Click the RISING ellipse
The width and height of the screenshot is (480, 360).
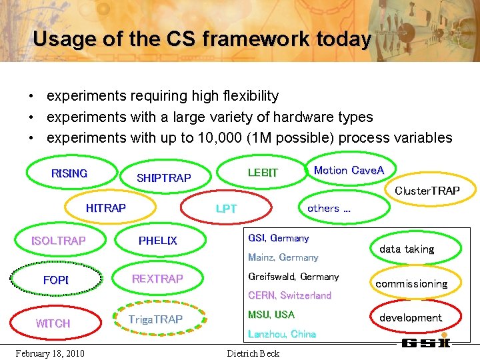[69, 173]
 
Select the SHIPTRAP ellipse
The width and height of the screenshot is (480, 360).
[164, 178]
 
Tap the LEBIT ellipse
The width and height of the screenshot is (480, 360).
[263, 173]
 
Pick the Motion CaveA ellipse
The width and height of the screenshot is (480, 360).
[349, 170]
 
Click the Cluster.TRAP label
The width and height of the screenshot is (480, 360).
[427, 191]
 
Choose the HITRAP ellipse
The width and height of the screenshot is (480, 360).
[106, 208]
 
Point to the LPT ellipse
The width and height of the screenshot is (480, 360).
[226, 209]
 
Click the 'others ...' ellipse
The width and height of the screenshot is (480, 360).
[329, 208]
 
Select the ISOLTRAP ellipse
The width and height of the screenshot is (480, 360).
[59, 241]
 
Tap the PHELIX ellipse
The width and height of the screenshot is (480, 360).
[158, 241]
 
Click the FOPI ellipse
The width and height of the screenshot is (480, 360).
[56, 280]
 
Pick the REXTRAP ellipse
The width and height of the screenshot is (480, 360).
[157, 279]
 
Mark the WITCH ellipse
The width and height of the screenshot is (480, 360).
[53, 323]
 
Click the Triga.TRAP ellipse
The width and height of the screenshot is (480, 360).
[155, 319]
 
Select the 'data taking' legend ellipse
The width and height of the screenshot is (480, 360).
[407, 249]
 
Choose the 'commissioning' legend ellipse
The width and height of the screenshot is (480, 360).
[411, 283]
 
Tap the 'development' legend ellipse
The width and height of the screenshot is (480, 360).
[411, 318]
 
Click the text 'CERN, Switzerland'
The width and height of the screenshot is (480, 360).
[289, 295]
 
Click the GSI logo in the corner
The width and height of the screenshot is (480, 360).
[426, 343]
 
